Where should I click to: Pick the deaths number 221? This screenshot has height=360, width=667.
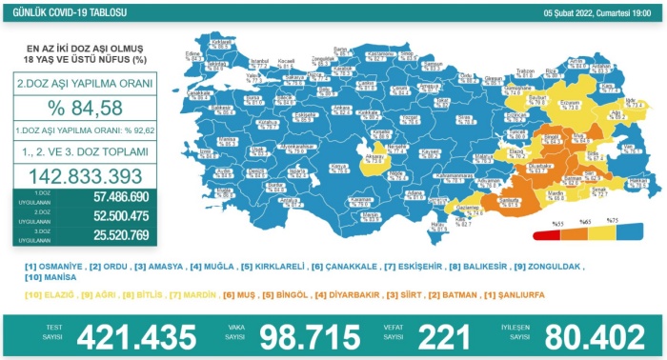pos(444,336)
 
